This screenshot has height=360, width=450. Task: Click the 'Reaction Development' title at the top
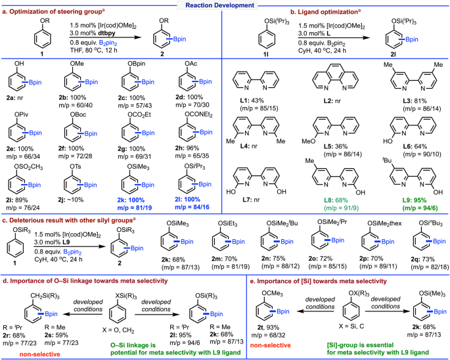coord(225,5)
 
